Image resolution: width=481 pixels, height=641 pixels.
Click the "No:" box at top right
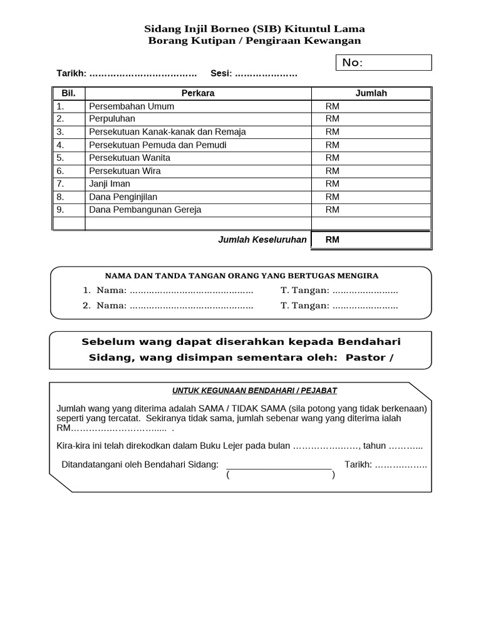point(384,63)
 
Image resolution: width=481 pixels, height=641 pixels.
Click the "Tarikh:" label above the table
point(71,74)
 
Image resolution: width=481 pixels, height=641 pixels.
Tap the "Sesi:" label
point(221,74)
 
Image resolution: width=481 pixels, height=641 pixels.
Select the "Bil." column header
point(68,93)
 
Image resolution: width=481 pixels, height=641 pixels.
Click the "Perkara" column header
point(198,93)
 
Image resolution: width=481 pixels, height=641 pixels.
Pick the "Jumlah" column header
point(371,93)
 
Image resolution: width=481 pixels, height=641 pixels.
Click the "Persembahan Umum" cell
point(132,106)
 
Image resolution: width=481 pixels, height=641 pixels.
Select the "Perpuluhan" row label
point(112,119)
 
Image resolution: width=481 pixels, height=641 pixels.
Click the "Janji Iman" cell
point(110,184)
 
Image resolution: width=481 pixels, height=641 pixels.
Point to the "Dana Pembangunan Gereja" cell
point(145,210)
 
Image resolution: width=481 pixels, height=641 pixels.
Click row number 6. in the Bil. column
point(61,171)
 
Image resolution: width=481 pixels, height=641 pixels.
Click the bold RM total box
point(371,240)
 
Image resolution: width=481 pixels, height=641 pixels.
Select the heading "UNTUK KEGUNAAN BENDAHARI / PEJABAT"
point(254,391)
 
